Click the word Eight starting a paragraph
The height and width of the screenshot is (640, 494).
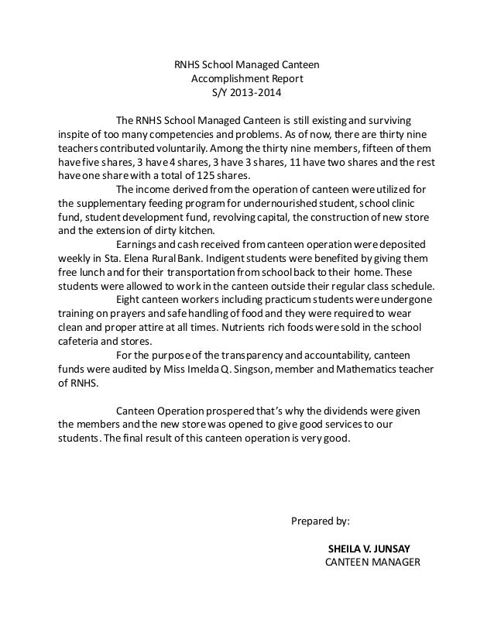[x=129, y=299]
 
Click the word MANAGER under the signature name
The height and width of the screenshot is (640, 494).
[x=393, y=563]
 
